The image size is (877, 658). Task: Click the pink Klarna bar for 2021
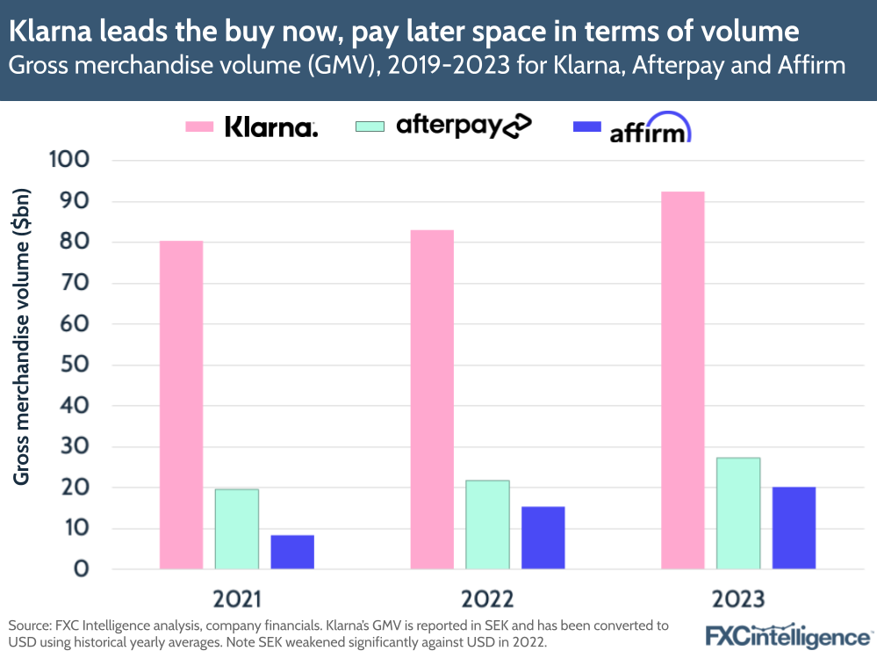click(181, 405)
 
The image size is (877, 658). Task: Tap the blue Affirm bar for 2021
click(292, 552)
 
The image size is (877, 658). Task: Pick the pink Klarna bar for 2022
click(432, 400)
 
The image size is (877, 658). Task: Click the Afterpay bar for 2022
click(487, 524)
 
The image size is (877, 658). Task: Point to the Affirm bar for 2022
click(543, 538)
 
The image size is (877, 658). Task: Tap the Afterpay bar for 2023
click(738, 513)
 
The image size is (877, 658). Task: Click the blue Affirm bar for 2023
click(794, 528)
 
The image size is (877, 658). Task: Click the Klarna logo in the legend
click(271, 127)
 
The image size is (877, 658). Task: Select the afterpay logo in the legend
click(464, 127)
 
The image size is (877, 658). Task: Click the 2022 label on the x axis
click(487, 599)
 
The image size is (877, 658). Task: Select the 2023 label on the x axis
click(738, 599)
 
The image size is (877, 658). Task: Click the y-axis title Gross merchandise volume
click(22, 336)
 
